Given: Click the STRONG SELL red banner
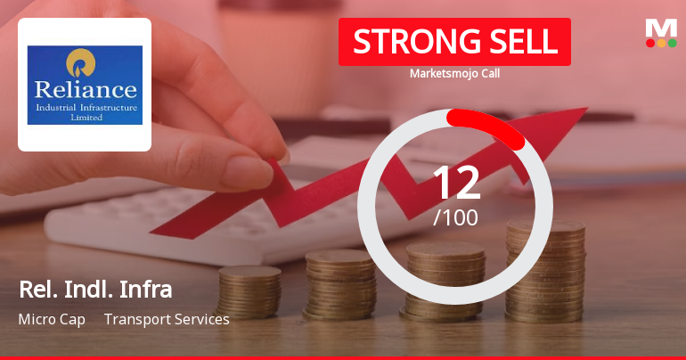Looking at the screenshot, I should (x=454, y=42).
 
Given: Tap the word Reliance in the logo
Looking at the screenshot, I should (x=85, y=89).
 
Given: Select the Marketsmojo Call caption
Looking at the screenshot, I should (x=454, y=73).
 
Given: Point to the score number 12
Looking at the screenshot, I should (x=455, y=183).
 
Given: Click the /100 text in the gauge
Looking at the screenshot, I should (x=455, y=217).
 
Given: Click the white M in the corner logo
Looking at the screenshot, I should (x=661, y=28).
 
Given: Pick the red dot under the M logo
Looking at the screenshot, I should (x=650, y=43).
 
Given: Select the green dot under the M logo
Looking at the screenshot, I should (x=672, y=43).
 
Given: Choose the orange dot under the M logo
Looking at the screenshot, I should (x=661, y=43).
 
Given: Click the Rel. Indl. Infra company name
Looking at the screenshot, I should (x=94, y=290).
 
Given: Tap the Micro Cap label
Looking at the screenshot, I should (x=52, y=319).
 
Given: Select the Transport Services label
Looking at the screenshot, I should (x=167, y=319).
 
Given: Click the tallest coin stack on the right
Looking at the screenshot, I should (x=545, y=263).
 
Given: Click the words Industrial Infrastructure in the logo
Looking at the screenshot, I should (x=85, y=107).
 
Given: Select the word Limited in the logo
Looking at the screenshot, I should (x=85, y=117).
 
